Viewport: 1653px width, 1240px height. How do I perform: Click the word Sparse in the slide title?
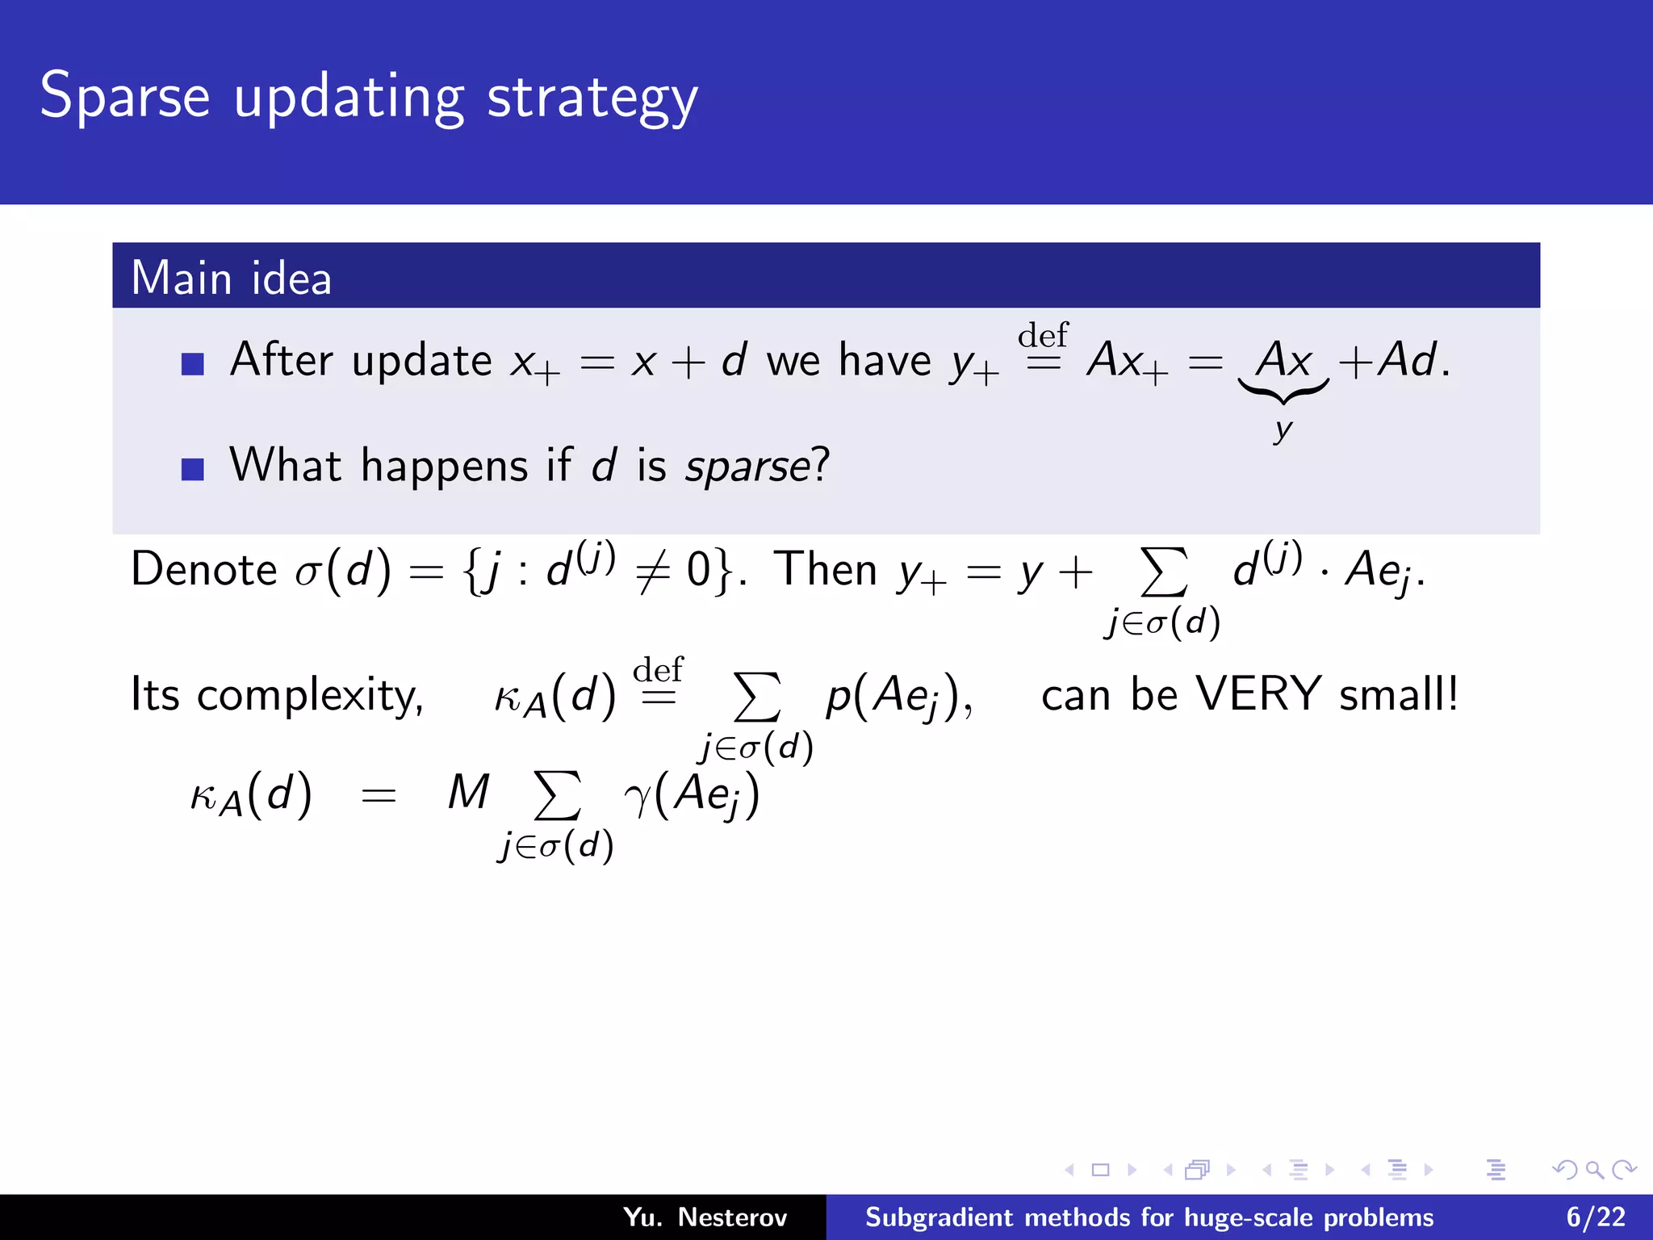coord(125,97)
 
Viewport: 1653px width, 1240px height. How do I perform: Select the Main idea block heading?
coord(231,278)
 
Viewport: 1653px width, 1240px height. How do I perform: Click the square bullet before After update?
coord(193,364)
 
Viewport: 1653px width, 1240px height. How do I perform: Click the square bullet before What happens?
coord(193,469)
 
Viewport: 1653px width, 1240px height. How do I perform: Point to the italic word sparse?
coord(747,467)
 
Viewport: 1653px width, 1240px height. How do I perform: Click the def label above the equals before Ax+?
coord(1043,334)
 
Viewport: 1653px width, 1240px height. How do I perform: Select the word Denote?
coord(204,570)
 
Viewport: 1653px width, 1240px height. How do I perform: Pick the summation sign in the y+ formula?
coord(1163,572)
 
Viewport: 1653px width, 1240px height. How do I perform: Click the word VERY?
coord(1258,694)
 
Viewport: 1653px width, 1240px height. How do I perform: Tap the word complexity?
coord(310,696)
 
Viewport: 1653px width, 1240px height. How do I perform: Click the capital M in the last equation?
coord(469,792)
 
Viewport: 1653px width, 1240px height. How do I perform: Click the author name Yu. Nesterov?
coord(705,1217)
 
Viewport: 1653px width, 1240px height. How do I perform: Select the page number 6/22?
coord(1596,1217)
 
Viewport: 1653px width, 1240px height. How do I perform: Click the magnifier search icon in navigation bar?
coord(1594,1170)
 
